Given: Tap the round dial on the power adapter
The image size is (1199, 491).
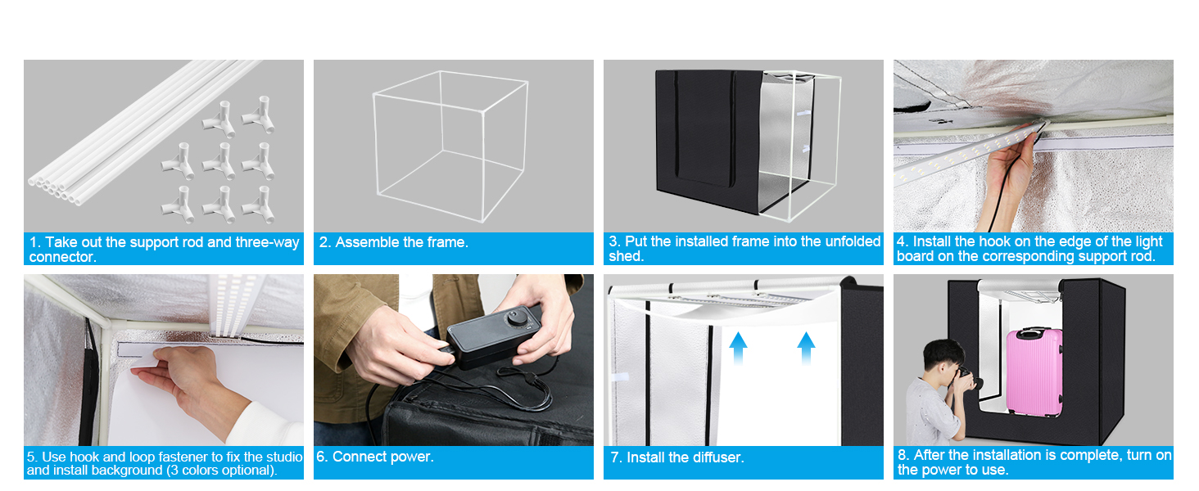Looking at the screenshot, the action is click(x=517, y=318).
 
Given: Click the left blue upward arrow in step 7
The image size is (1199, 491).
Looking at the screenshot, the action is click(x=738, y=348).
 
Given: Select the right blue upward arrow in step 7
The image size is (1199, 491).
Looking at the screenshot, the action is click(x=806, y=348).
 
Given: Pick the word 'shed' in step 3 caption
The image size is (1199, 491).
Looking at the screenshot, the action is click(x=624, y=256).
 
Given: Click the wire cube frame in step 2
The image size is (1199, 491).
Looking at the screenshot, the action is click(x=450, y=146).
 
